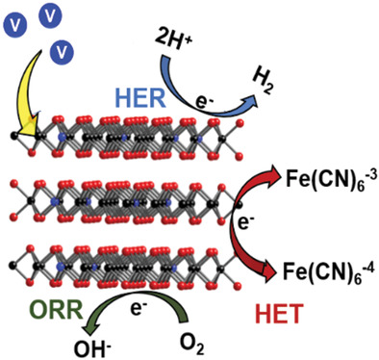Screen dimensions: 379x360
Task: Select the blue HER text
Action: [141, 97]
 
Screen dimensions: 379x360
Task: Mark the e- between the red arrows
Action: [243, 223]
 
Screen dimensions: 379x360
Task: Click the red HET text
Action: [279, 314]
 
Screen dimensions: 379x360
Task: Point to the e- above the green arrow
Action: [139, 308]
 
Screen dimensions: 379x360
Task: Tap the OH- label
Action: [91, 348]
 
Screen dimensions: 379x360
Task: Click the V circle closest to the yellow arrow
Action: [62, 52]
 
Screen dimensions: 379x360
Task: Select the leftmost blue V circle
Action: [14, 26]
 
